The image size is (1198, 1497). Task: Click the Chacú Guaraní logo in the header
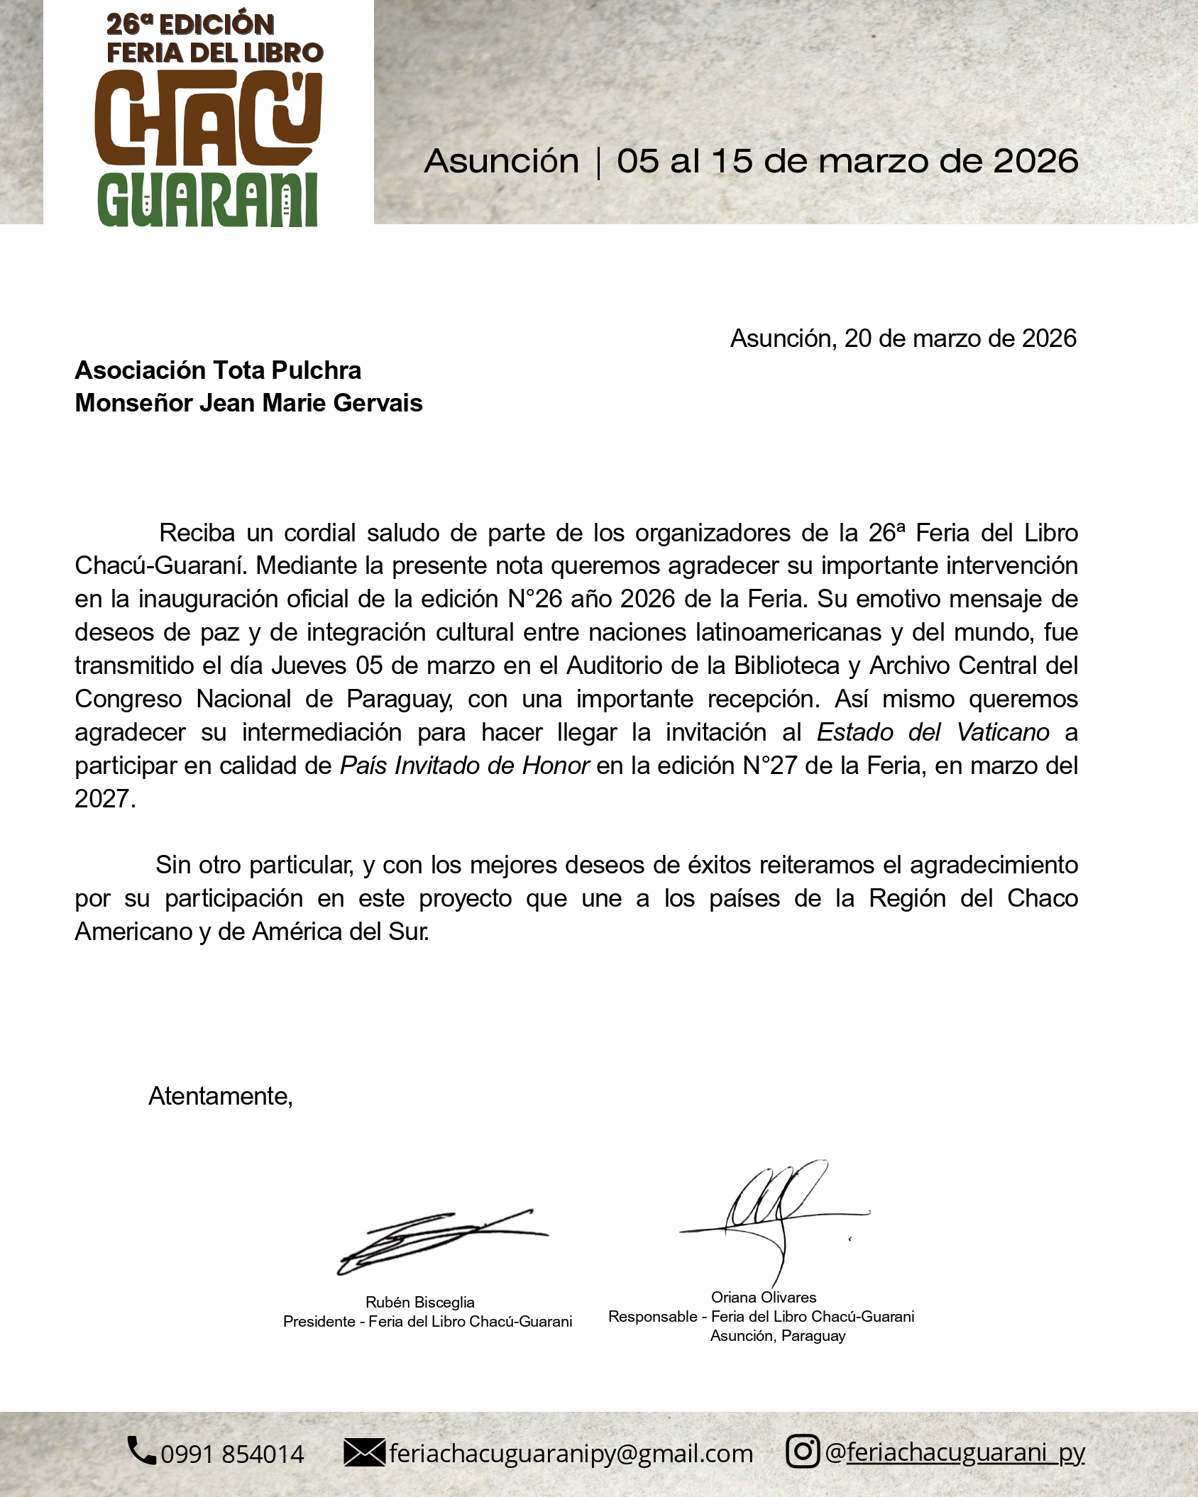pyautogui.click(x=209, y=117)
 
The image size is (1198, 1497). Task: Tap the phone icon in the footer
pyautogui.click(x=141, y=1450)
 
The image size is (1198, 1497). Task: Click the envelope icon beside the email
pyautogui.click(x=364, y=1452)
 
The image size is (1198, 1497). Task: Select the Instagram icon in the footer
pyautogui.click(x=803, y=1451)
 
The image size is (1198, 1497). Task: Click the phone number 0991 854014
pyautogui.click(x=232, y=1454)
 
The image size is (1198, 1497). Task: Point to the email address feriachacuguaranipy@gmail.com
pyautogui.click(x=571, y=1453)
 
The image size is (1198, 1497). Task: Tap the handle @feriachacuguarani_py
pyautogui.click(x=955, y=1452)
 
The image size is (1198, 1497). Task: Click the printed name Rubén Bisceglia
pyautogui.click(x=419, y=1302)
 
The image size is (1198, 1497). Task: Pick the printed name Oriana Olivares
pyautogui.click(x=764, y=1297)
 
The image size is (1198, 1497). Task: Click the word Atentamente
pyautogui.click(x=220, y=1097)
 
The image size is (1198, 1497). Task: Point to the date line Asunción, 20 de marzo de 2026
pyautogui.click(x=903, y=338)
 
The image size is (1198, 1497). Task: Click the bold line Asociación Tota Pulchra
pyautogui.click(x=218, y=370)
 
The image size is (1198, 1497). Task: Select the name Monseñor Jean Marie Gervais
pyautogui.click(x=248, y=403)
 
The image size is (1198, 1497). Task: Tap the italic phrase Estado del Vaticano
pyautogui.click(x=933, y=732)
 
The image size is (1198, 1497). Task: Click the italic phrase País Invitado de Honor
pyautogui.click(x=465, y=766)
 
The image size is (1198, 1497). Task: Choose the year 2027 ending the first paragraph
pyautogui.click(x=104, y=799)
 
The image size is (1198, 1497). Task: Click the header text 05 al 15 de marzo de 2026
pyautogui.click(x=847, y=162)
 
